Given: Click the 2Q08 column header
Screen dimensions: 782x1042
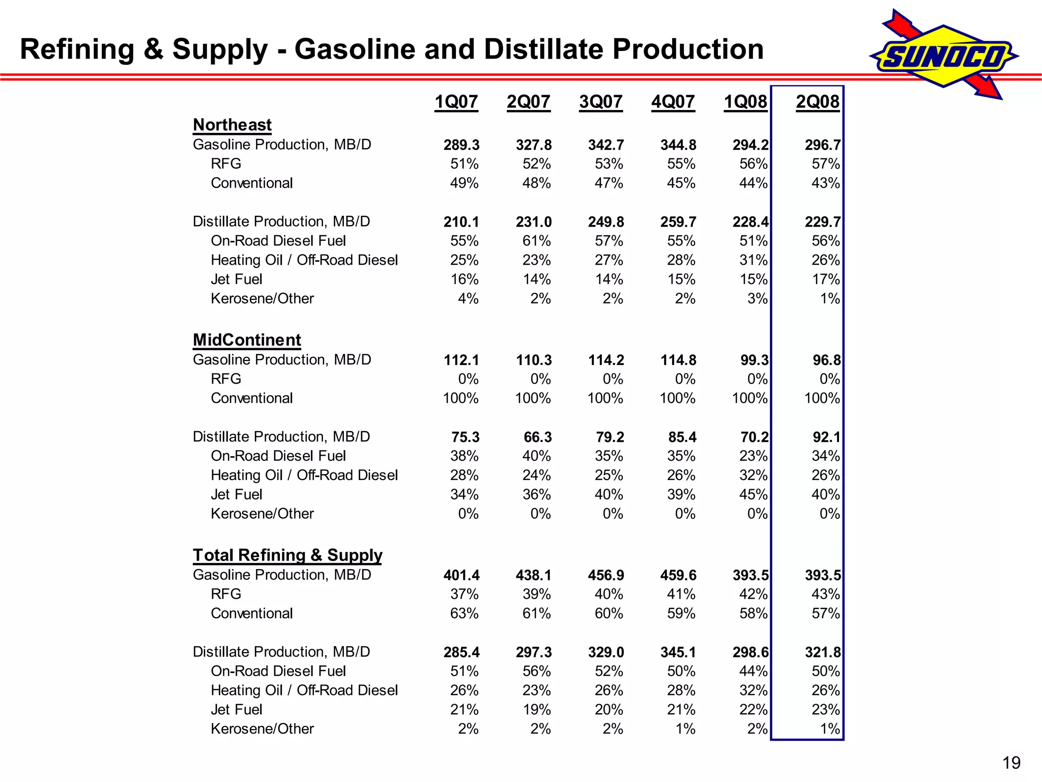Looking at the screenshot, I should (x=817, y=102).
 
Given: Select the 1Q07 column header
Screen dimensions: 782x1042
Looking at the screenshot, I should (x=456, y=102).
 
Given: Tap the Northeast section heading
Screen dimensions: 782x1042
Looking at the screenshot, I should (x=232, y=125).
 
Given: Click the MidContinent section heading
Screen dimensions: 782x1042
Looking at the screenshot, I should (x=247, y=340).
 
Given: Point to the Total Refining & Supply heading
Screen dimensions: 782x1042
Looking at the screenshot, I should (x=287, y=555).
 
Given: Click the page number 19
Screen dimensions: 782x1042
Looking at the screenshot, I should (x=1011, y=763).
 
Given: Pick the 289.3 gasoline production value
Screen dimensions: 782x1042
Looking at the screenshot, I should (x=461, y=145).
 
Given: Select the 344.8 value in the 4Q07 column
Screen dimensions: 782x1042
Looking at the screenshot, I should (x=678, y=145).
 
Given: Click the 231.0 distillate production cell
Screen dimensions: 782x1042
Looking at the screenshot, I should (x=534, y=222).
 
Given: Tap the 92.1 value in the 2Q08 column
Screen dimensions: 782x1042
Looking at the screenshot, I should (x=827, y=437).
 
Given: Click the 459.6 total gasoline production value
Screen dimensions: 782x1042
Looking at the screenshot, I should (x=678, y=575).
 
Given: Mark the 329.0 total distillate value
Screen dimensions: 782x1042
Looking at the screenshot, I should (x=606, y=652).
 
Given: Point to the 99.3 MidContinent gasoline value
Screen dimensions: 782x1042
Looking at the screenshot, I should (x=755, y=360).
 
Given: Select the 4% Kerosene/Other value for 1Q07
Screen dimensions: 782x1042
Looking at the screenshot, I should (x=468, y=299).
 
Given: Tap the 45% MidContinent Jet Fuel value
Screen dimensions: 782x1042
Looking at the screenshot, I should (x=754, y=494).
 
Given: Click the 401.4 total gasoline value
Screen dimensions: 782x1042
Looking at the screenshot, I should (x=461, y=575).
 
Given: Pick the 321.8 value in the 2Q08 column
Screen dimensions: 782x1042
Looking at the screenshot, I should (x=823, y=652).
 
